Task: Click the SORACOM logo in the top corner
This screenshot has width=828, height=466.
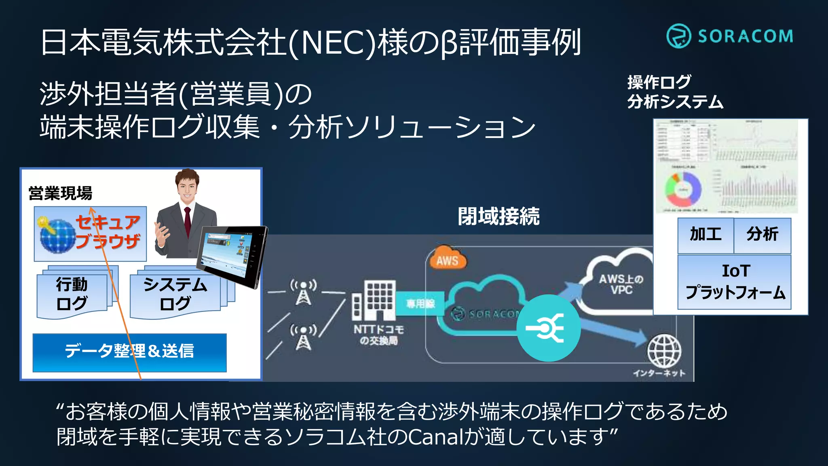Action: tap(730, 36)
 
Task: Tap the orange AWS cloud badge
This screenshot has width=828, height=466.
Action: tap(447, 259)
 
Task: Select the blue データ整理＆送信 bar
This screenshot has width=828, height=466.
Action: tap(129, 352)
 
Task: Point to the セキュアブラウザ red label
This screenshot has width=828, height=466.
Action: tap(108, 232)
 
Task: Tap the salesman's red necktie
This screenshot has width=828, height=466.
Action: tap(187, 222)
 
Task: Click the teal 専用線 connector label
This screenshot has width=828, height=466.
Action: tap(420, 303)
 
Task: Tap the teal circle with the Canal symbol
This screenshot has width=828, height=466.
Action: tap(549, 328)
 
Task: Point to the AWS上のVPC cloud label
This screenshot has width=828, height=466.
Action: tap(621, 284)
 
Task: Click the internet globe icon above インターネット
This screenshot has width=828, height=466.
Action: tap(664, 351)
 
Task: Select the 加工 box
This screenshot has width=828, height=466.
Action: tap(705, 235)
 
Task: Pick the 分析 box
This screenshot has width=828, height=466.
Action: tap(763, 235)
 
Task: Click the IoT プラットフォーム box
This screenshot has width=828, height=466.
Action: tap(735, 282)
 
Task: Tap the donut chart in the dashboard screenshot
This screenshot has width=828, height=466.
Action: tap(682, 189)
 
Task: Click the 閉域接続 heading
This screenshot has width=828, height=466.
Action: tap(498, 216)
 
